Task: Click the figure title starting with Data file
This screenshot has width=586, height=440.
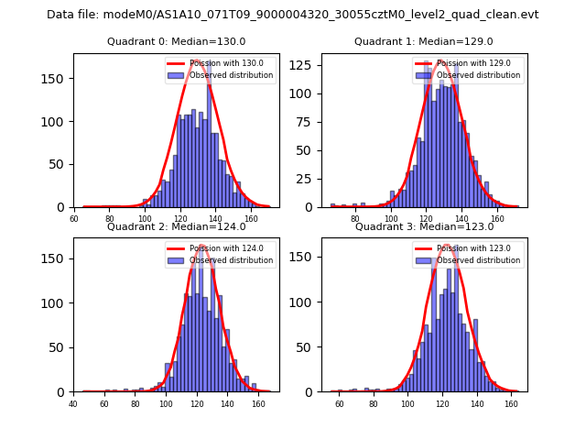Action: (x=293, y=15)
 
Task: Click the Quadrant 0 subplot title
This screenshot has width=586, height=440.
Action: (x=177, y=41)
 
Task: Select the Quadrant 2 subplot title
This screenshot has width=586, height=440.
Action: (x=177, y=226)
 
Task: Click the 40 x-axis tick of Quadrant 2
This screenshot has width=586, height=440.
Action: (x=73, y=402)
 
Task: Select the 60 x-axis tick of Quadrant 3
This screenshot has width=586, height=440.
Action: (x=339, y=402)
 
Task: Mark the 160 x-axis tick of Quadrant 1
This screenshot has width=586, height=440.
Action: (x=497, y=218)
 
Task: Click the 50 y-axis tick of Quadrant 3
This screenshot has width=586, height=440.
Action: (x=309, y=347)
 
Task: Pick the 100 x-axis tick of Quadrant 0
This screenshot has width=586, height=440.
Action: (x=145, y=218)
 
